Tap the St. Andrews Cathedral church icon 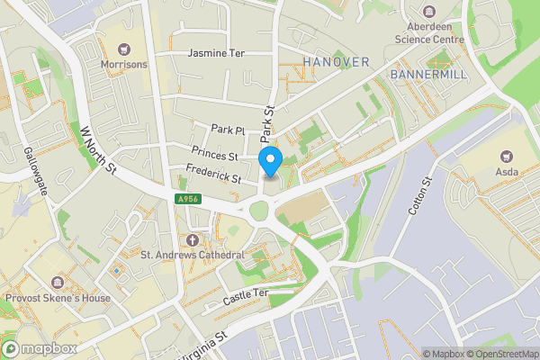click(193, 239)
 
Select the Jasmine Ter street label click(216, 54)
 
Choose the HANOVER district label click(337, 61)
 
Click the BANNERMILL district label click(429, 74)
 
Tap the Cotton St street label click(420, 195)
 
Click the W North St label click(99, 148)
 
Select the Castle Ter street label click(248, 294)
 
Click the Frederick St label click(212, 173)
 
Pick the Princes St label click(213, 154)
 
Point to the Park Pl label click(228, 130)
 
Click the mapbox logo click(40, 348)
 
